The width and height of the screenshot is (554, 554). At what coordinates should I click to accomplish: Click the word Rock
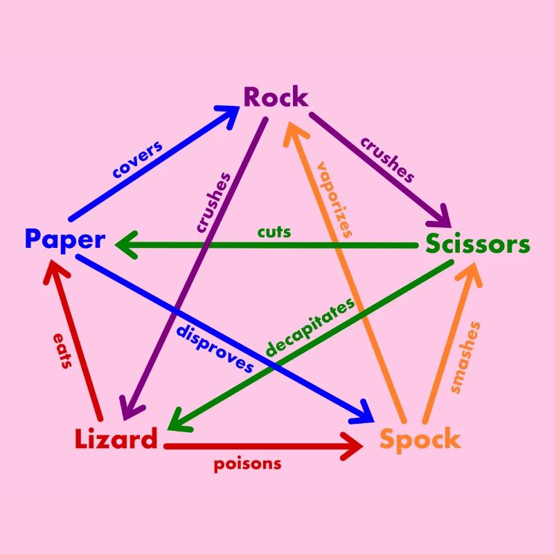276,98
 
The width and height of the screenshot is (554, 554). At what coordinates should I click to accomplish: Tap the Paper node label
64,240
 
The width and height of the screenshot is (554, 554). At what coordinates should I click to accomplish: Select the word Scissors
477,244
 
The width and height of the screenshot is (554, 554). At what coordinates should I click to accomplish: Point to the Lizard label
116,439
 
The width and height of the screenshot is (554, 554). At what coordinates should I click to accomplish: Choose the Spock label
420,439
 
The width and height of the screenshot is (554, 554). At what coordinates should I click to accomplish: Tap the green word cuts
274,231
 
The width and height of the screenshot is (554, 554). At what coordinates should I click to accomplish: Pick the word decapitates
310,328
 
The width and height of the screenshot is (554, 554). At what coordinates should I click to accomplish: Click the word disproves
215,348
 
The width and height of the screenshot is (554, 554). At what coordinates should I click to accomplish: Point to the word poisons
247,463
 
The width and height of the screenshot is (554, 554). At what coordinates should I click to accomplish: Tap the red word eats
62,350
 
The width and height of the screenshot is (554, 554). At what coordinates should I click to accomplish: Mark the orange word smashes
465,357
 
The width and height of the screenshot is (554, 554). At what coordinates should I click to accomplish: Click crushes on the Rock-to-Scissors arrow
387,160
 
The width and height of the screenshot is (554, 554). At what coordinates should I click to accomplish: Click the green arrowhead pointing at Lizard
178,420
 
